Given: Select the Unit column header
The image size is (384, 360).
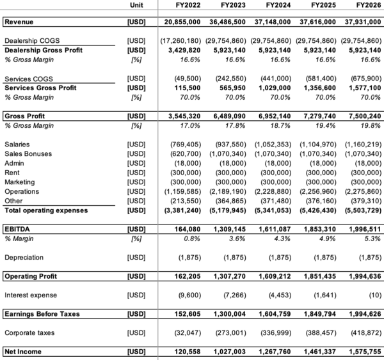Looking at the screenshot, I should (136, 6).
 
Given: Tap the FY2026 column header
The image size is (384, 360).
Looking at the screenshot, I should (367, 6).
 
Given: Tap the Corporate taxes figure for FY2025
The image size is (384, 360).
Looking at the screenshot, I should (317, 333).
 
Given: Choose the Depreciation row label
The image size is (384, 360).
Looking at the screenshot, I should (25, 257).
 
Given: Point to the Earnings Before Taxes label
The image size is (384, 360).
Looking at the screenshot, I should (43, 315).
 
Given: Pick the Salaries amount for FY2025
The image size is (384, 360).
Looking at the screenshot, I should (317, 145).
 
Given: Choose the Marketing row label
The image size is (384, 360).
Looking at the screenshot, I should (20, 182).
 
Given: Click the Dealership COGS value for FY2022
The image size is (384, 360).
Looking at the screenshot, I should (182, 41).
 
